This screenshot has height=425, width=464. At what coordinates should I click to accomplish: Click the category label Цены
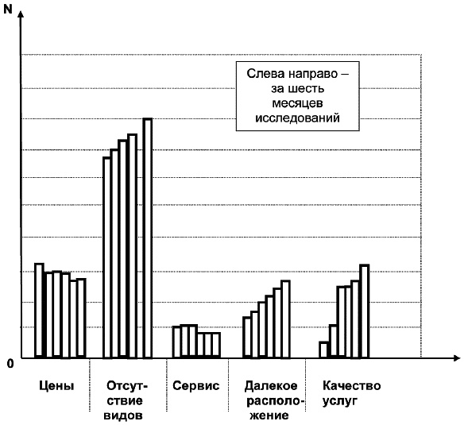tap(56, 386)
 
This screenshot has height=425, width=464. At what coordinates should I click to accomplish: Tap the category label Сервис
tap(194, 386)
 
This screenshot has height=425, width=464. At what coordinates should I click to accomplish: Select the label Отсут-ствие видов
tap(125, 400)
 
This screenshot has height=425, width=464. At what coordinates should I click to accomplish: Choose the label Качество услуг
tap(351, 393)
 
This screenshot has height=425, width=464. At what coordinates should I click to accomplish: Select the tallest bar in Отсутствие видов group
tap(147, 238)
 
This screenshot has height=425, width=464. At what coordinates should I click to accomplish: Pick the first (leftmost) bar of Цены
tap(39, 311)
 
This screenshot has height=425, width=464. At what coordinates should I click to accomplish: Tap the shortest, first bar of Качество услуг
tap(324, 350)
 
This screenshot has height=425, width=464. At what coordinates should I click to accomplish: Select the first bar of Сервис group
tap(177, 342)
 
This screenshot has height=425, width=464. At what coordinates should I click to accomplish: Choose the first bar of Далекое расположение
tap(247, 338)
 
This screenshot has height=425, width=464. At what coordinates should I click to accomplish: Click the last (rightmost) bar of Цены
tap(81, 319)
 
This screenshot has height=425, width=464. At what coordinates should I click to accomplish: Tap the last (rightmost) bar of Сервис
tap(216, 345)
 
